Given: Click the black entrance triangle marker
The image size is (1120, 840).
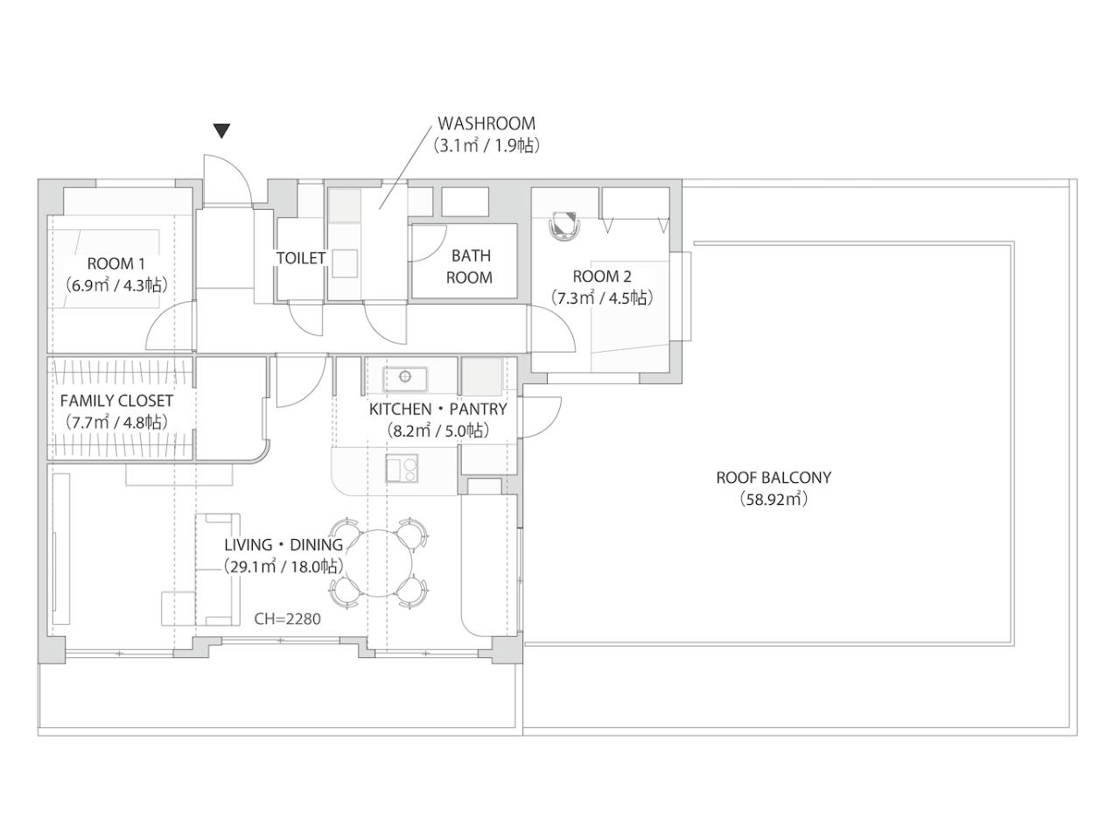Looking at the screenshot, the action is [x=221, y=131].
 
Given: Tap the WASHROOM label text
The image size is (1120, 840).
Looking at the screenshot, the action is [x=486, y=123].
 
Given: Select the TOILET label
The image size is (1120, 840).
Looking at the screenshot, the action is [x=301, y=258].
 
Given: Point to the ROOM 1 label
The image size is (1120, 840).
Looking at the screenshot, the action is [x=115, y=263].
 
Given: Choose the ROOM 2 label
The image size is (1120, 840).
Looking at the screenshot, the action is [x=602, y=276].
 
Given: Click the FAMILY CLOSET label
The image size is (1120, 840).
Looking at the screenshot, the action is [x=116, y=401].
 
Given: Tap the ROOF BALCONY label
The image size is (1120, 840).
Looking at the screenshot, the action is [x=773, y=478].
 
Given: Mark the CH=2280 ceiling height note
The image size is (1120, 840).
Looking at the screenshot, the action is [x=287, y=619].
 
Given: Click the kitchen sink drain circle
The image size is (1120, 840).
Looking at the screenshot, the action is [x=405, y=376].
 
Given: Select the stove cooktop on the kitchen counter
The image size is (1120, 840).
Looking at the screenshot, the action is [x=402, y=468].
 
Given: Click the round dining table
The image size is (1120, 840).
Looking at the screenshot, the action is [x=379, y=563].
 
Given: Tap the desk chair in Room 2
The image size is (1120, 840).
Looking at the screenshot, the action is [x=564, y=225].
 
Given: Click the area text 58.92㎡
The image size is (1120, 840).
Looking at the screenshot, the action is [x=773, y=500].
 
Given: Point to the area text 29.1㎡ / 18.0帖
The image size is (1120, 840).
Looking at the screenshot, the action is [x=282, y=567].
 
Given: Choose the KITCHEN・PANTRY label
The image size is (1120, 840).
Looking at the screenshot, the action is [x=437, y=409].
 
